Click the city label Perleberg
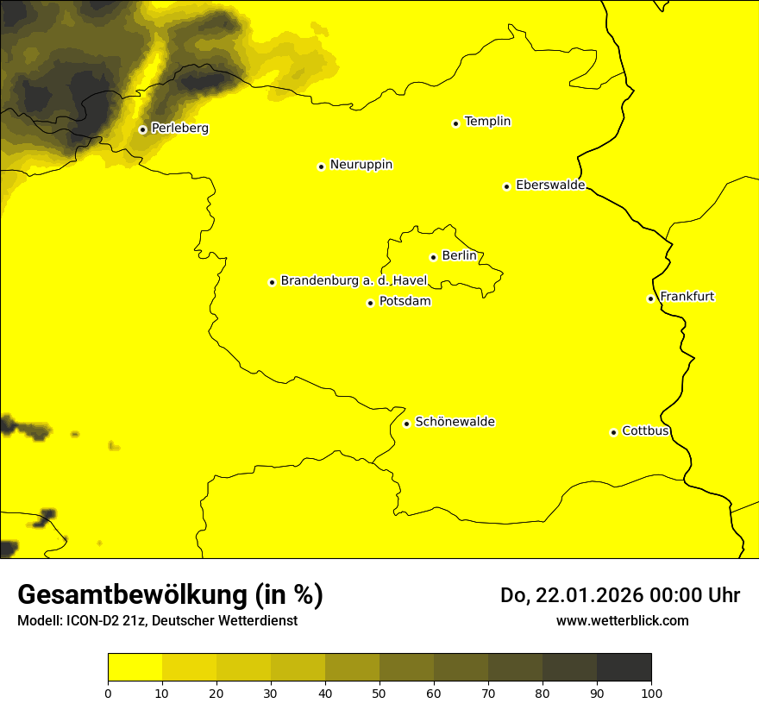[179, 129]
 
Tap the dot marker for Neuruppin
[321, 166]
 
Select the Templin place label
[487, 122]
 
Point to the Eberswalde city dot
[506, 186]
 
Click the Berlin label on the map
[459, 256]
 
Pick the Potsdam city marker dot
[370, 303]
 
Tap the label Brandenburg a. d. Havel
[354, 281]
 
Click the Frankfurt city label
[687, 297]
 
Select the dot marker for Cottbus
[613, 432]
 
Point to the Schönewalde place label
[455, 422]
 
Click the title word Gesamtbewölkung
[133, 595]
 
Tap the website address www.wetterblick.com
[622, 620]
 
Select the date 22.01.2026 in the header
[584, 595]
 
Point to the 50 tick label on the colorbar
[379, 693]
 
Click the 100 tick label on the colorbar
[651, 693]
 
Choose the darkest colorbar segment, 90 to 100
[624, 668]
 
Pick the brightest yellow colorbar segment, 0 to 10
[135, 668]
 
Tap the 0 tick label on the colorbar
[108, 693]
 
